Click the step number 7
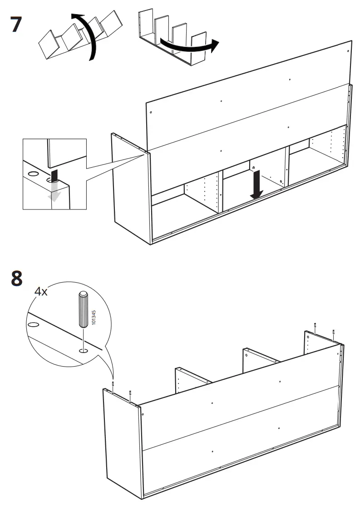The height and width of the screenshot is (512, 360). coord(16,24)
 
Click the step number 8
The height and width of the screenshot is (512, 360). coord(17,278)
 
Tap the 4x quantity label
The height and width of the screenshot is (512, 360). coord(41,291)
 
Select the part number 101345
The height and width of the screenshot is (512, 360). coord(94,317)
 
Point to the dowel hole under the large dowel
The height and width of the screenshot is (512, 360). coord(84,351)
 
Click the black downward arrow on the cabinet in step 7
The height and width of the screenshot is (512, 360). coord(257,184)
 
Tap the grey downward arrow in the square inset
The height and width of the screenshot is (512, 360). coord(54,192)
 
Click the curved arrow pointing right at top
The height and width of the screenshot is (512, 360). coord(189,46)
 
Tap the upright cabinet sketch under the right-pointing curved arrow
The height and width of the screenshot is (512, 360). coord(173,38)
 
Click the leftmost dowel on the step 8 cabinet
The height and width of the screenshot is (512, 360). coord(113,384)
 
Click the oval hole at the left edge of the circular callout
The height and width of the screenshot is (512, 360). coord(33,324)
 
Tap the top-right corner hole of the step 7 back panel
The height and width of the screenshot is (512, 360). coord(348,51)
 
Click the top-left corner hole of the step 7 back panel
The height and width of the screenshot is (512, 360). coord(151,112)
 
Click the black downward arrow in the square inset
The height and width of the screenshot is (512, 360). coord(54,175)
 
